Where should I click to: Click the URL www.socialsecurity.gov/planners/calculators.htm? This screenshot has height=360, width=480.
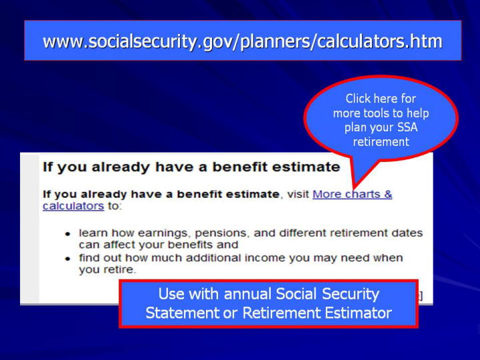243,41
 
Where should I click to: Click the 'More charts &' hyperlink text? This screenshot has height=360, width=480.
352,194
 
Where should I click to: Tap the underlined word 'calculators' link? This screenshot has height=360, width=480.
73,206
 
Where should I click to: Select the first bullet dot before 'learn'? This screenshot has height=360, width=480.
67,234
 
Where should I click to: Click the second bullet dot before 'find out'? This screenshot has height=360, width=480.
67,259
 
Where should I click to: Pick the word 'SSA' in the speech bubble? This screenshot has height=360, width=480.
407,127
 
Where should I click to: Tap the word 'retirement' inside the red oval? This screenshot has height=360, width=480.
381,142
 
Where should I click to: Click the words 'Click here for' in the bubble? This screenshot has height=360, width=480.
381,99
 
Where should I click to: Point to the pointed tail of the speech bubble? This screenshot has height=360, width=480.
354,187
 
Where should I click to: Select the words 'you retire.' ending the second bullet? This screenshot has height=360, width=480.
107,270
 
